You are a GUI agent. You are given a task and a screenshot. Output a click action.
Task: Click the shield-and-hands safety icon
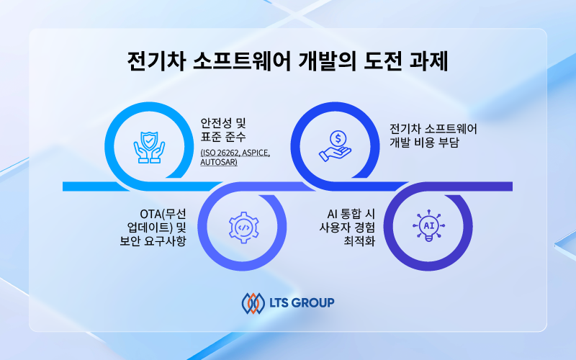pos(149,148)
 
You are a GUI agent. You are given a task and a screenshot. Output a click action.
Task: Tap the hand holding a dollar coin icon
pos(335,146)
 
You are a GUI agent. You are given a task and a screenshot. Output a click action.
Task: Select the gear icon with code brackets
pos(243,228)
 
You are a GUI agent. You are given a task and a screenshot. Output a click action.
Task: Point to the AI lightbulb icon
pos(428,225)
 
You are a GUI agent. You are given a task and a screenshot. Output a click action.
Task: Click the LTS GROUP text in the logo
pos(302,302)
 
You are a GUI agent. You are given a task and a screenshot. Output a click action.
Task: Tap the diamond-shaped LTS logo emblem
pos(253,303)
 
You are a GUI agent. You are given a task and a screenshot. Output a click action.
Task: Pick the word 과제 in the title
pos(428,61)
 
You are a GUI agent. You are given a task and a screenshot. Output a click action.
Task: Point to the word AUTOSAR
pos(219,162)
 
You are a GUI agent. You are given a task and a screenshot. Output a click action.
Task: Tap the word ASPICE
pos(256,153)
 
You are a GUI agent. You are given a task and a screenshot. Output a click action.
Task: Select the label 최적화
pos(359,241)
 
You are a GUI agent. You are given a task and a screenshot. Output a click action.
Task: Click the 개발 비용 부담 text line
pos(424,142)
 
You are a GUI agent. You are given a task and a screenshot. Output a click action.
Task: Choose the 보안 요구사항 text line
pos(153,241)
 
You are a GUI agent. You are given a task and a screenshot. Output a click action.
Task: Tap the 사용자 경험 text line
pos(347,228)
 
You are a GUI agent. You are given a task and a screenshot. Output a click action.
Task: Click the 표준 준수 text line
pos(223,137)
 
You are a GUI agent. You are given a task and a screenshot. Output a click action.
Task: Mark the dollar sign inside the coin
pos(338,138)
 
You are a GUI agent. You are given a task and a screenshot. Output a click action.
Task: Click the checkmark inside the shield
pos(149,140)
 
